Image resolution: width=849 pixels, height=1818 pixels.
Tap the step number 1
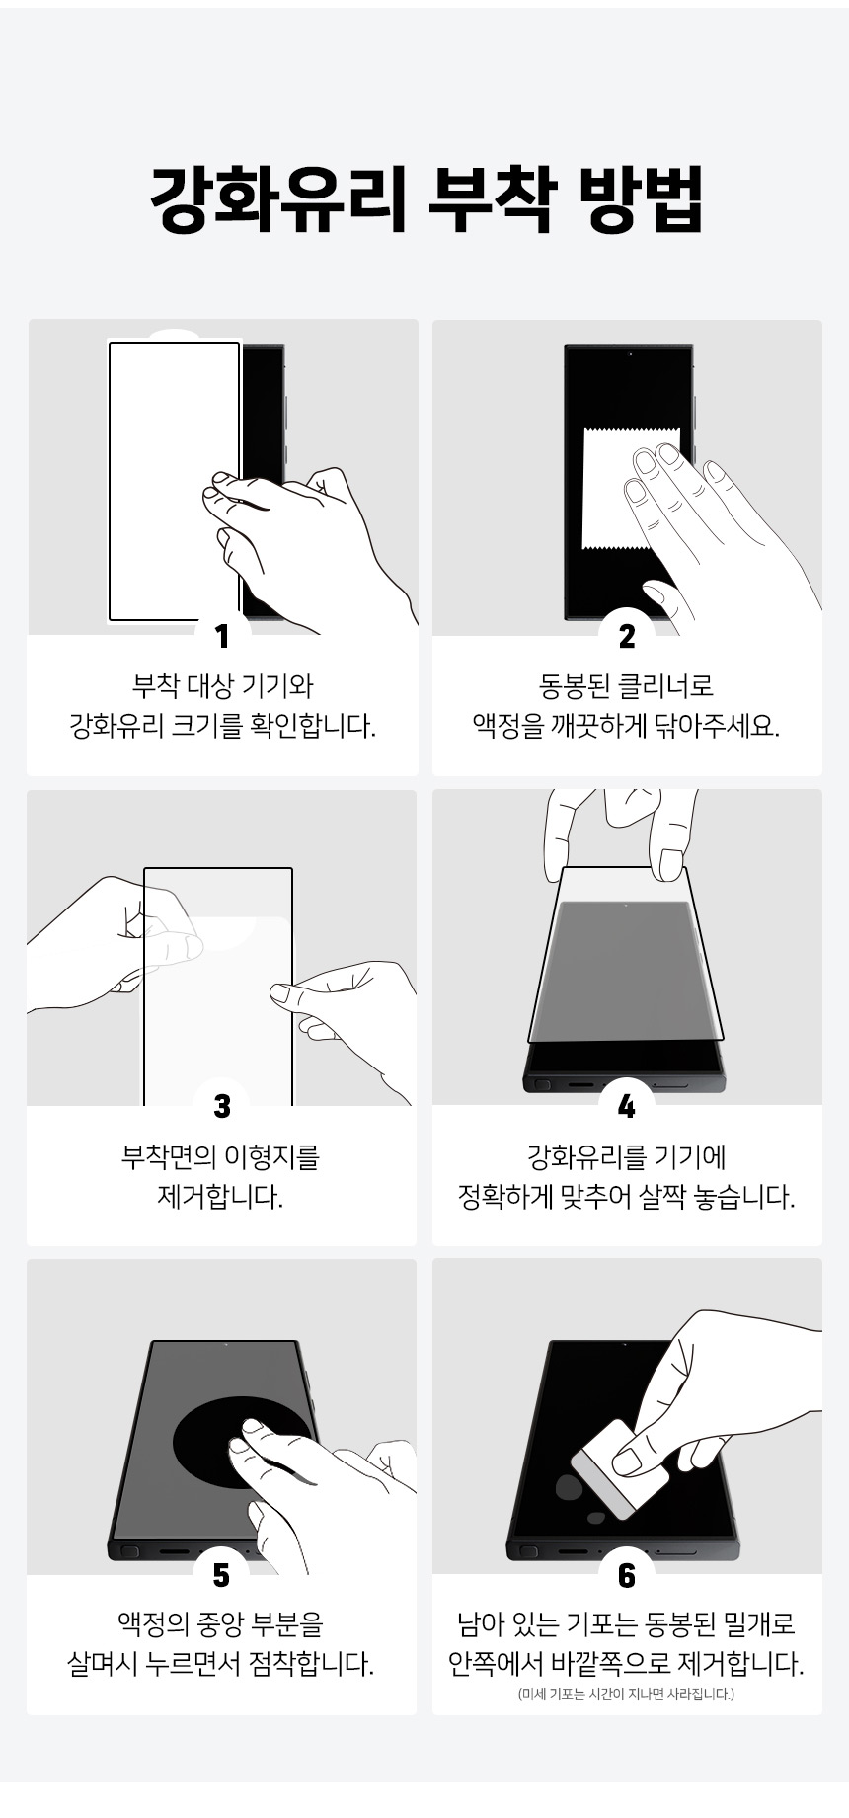coord(222,637)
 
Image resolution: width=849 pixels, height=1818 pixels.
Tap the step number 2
coord(627,637)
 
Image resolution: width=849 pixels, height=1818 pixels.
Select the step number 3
coord(222,1106)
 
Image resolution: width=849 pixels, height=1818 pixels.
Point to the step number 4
coord(627,1106)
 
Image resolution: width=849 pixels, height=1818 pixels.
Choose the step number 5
coord(222,1575)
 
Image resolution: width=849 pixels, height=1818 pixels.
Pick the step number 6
coord(627,1575)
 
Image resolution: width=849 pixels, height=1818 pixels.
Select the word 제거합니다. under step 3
coord(221,1197)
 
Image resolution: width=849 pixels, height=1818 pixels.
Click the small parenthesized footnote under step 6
coord(627,1695)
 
